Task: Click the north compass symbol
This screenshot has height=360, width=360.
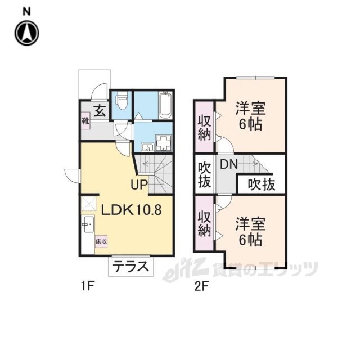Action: tap(27, 33)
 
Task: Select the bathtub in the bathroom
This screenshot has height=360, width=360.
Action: tap(165, 105)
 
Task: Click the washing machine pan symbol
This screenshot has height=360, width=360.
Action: tap(164, 143)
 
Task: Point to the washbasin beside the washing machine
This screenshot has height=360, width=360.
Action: tap(147, 147)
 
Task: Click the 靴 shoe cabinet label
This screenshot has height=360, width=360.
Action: tap(85, 121)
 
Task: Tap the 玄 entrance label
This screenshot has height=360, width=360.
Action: tap(100, 111)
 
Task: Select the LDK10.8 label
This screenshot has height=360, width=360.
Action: tap(132, 210)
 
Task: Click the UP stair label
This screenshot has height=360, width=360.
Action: tap(139, 184)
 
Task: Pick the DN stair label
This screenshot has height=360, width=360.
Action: tap(229, 164)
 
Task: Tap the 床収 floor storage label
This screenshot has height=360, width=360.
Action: tap(101, 242)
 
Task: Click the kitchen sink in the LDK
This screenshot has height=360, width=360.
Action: tap(88, 224)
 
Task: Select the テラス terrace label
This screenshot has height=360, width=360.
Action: tap(131, 267)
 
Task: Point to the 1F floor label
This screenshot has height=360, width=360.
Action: tap(88, 286)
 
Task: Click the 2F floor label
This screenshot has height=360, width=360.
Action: tap(201, 286)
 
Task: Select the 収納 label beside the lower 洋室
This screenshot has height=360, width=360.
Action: tap(204, 224)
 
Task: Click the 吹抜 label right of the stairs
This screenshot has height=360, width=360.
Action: tap(262, 184)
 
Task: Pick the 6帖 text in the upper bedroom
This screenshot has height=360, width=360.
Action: tap(250, 125)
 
